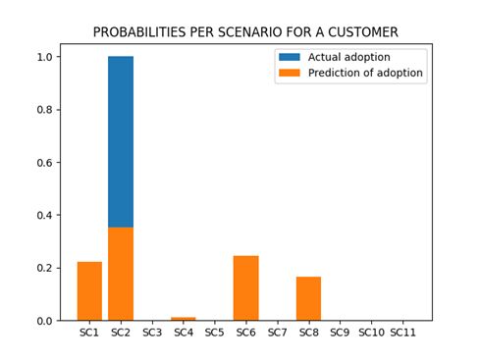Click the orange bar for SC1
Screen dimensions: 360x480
point(89,291)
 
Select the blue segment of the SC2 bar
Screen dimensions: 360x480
point(121,142)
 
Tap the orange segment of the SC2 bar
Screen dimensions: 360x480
point(121,275)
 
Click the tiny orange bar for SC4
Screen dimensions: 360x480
point(184,319)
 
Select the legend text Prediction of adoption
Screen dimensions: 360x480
point(366,74)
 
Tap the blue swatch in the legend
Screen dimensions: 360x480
point(290,57)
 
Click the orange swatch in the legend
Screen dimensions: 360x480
point(290,74)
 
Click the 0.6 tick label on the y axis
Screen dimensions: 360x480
point(44,163)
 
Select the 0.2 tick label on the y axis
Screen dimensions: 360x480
point(44,268)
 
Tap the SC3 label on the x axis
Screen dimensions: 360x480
point(152,334)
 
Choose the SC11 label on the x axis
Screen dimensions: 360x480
point(402,334)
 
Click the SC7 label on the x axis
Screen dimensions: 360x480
point(277,334)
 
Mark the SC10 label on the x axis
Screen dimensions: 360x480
point(371,334)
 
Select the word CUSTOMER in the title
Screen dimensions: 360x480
point(362,32)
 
